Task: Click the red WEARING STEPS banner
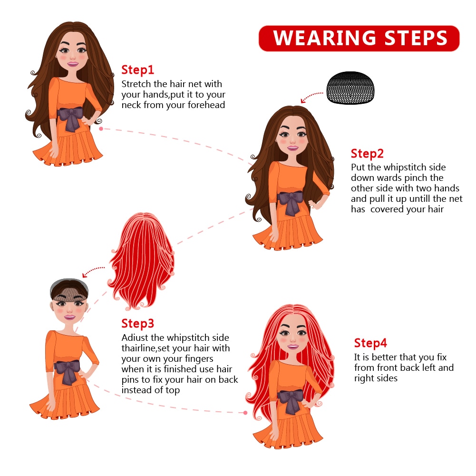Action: click(359, 38)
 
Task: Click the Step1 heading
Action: click(137, 70)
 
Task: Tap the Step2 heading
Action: click(367, 154)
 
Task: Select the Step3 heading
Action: click(137, 324)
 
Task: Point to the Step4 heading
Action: click(370, 343)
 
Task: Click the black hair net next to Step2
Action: click(350, 88)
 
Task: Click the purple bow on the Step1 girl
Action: click(71, 118)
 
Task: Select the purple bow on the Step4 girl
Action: click(291, 401)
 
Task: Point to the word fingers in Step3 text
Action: click(199, 359)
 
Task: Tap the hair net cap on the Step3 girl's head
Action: click(69, 289)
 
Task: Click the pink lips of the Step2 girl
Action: click(292, 148)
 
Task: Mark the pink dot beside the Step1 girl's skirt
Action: click(101, 129)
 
